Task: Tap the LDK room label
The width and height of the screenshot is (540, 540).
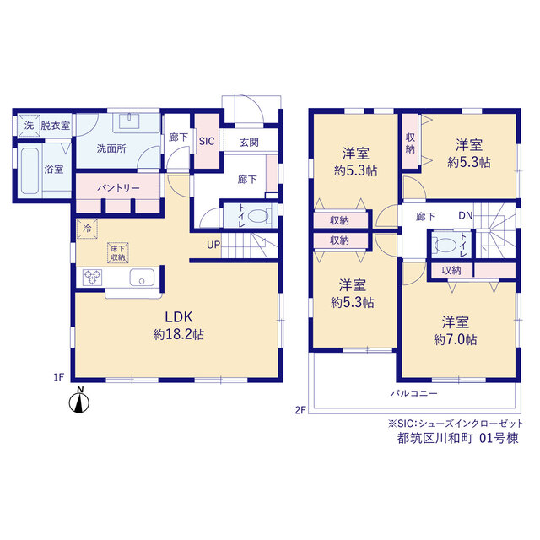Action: pyautogui.click(x=178, y=317)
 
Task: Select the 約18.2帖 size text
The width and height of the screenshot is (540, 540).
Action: pyautogui.click(x=178, y=334)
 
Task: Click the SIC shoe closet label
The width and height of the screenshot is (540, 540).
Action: pyautogui.click(x=207, y=141)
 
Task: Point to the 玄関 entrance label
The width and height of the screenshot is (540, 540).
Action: pyautogui.click(x=249, y=143)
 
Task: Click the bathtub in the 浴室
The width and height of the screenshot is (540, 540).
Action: pyautogui.click(x=30, y=170)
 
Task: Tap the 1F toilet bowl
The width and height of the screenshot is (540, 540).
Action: pyautogui.click(x=257, y=216)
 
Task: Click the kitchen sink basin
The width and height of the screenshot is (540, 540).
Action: pyautogui.click(x=142, y=278)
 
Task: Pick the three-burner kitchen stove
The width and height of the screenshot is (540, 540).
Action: pyautogui.click(x=92, y=278)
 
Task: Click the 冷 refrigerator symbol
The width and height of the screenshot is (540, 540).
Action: pyautogui.click(x=87, y=229)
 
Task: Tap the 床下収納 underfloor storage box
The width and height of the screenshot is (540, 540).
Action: pyautogui.click(x=118, y=253)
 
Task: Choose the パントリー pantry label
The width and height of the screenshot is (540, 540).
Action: pyautogui.click(x=118, y=188)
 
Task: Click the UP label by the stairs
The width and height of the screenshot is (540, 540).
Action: pyautogui.click(x=213, y=245)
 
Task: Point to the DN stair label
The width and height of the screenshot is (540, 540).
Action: pyautogui.click(x=465, y=216)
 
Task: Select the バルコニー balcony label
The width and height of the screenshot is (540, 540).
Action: pyautogui.click(x=414, y=393)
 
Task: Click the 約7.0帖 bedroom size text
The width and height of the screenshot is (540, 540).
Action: pyautogui.click(x=456, y=340)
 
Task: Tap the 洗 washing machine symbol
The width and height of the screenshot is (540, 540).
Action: pyautogui.click(x=29, y=126)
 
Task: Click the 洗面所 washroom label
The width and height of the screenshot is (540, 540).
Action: pyautogui.click(x=111, y=148)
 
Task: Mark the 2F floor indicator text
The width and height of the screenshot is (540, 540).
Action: pyautogui.click(x=300, y=410)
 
